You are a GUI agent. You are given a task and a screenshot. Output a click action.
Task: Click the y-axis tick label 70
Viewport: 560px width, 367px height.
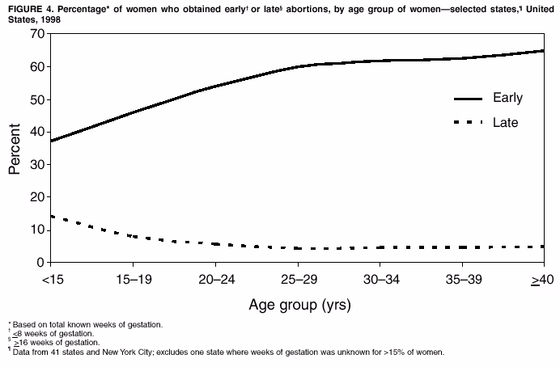coord(36,34)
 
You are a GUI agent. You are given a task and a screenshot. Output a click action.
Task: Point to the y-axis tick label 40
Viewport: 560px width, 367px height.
coord(36,132)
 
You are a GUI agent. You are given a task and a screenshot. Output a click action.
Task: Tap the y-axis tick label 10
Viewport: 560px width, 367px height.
coord(36,230)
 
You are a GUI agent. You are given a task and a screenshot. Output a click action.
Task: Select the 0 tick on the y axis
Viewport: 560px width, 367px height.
coord(40,263)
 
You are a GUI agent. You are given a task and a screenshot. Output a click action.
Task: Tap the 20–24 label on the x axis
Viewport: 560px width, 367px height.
coord(215,279)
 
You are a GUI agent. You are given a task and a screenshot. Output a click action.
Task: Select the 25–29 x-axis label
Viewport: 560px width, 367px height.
coord(297,279)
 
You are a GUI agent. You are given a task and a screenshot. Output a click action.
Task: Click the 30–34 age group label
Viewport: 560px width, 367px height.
coord(380,279)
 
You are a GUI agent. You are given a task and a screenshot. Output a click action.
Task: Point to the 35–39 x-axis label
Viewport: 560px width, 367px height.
coord(461,279)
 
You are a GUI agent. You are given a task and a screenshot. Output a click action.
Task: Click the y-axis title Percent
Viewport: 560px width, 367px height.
coord(15,149)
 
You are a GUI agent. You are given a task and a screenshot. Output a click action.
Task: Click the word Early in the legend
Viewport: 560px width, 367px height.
coord(507,98)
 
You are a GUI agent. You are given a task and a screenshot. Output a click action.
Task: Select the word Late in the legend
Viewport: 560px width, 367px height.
coord(505,123)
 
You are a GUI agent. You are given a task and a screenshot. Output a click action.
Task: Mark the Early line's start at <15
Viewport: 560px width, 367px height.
coord(51,141)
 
